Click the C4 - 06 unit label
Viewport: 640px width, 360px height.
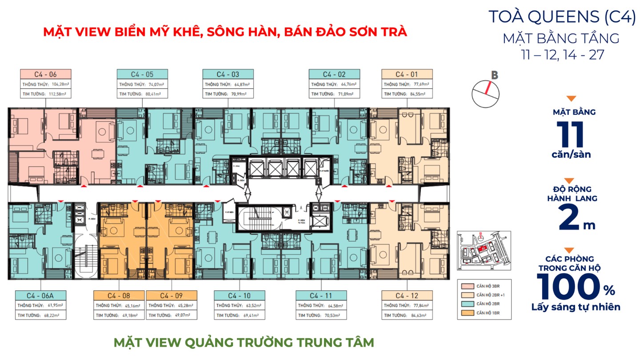45,74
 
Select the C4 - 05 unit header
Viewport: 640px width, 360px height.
142,74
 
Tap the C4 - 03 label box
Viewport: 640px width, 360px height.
228,74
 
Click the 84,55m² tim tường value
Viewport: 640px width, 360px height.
416,94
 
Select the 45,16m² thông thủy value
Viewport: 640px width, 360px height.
129,306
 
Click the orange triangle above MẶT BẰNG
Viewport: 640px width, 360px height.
572,99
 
